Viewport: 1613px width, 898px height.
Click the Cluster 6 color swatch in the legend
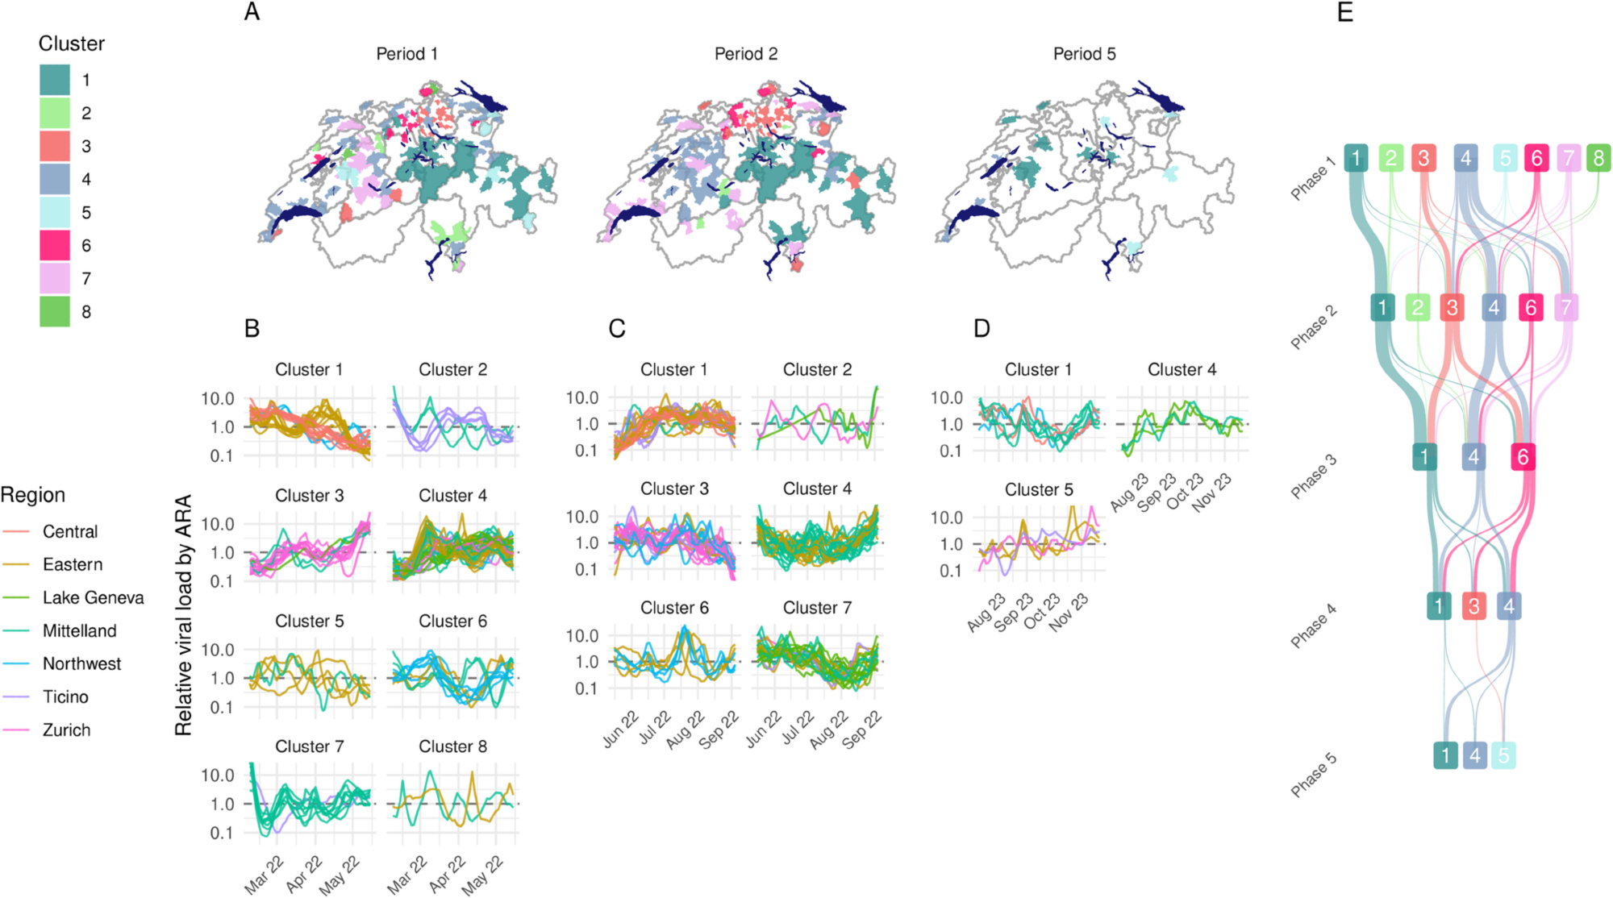pos(55,246)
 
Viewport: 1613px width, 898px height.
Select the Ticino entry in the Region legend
pos(65,697)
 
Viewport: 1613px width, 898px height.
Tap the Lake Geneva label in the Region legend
pos(93,598)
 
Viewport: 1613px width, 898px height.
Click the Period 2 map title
pos(746,54)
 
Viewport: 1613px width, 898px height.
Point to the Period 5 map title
pos(1084,54)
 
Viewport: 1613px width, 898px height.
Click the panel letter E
pos(1344,12)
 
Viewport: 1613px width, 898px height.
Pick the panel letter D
pos(982,329)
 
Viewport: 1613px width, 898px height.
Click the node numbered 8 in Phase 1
pos(1598,158)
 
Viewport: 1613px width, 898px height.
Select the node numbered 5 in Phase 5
pos(1503,755)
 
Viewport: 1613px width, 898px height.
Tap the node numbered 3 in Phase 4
pos(1473,606)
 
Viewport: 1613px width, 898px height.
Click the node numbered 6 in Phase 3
pos(1523,457)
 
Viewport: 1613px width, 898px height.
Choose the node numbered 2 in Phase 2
pos(1417,307)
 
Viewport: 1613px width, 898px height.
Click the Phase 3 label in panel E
pos(1313,476)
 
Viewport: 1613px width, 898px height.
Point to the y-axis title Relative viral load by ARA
pos(184,614)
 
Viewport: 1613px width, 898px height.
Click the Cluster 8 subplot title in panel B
pos(452,747)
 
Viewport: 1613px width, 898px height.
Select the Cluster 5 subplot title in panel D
pos(1039,490)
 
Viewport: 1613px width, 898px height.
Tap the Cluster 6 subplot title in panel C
pos(674,608)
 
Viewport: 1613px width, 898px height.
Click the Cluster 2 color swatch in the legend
pos(55,114)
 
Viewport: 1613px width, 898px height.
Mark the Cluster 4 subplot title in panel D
pos(1182,370)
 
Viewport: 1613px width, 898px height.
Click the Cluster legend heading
pos(72,44)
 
